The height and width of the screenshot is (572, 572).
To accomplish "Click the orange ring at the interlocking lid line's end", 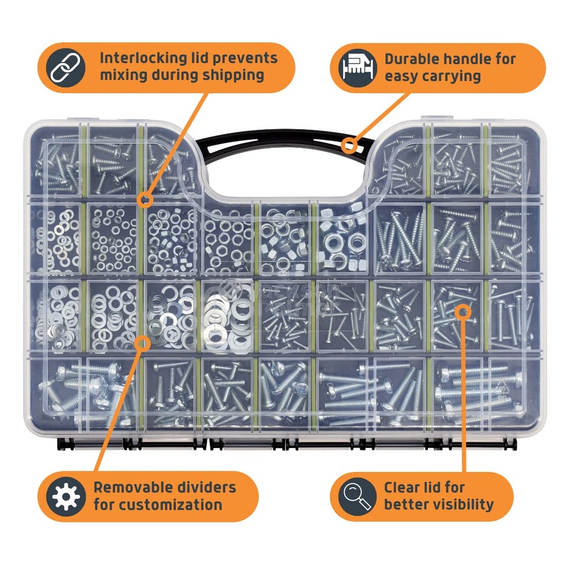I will point(145,199).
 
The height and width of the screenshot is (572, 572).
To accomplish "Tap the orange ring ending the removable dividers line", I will point(143,342).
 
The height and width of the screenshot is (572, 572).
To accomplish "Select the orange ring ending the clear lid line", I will point(464,311).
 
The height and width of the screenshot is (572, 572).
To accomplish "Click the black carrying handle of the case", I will point(279,140).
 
